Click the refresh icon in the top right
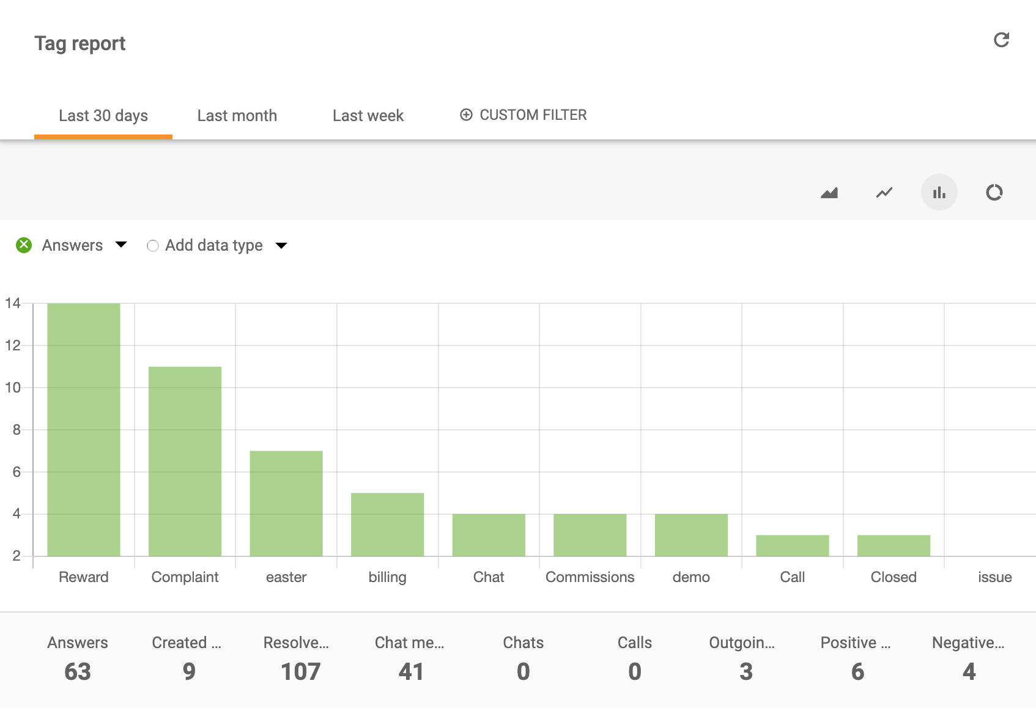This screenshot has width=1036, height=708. (1001, 40)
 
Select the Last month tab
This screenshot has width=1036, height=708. (237, 116)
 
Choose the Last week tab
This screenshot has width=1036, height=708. (368, 116)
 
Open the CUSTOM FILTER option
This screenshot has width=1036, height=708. (524, 115)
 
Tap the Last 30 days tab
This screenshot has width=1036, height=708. (103, 116)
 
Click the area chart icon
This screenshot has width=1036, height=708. (829, 193)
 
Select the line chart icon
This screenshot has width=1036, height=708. (884, 193)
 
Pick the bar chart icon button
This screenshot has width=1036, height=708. (939, 193)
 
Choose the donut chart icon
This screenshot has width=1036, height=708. (994, 193)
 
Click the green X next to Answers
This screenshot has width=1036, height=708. (24, 245)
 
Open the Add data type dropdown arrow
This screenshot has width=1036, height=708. (281, 246)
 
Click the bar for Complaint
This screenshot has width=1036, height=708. (185, 461)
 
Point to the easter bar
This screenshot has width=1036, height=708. (286, 503)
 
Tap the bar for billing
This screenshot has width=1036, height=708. (387, 524)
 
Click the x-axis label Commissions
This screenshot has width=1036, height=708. (590, 577)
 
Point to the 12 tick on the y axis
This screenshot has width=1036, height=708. (13, 345)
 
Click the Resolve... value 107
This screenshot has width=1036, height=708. (300, 671)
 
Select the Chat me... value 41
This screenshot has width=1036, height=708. (411, 671)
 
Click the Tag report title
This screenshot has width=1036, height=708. (80, 43)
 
